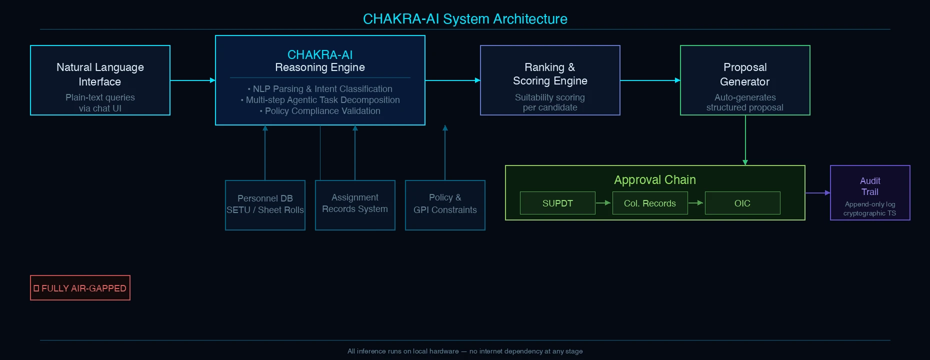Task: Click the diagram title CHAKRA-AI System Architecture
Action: (x=465, y=19)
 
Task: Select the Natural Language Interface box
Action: (x=100, y=80)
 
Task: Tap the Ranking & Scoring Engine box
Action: (x=550, y=80)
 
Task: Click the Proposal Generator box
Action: (x=745, y=80)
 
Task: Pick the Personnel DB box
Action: (x=265, y=205)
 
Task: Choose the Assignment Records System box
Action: (x=355, y=205)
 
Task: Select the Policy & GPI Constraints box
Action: (x=445, y=205)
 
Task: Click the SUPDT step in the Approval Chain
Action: (x=557, y=203)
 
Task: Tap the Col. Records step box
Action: (x=650, y=203)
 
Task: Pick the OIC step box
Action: (x=742, y=203)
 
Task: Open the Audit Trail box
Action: (x=870, y=192)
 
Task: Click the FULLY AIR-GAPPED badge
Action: (x=80, y=288)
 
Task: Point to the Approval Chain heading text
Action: (x=655, y=180)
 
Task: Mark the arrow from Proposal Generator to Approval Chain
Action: (x=745, y=140)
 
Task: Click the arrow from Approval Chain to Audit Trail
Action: (x=817, y=192)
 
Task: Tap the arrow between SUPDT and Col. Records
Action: (x=603, y=203)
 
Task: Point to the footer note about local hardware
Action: (x=465, y=351)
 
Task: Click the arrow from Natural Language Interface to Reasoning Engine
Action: (x=192, y=80)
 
